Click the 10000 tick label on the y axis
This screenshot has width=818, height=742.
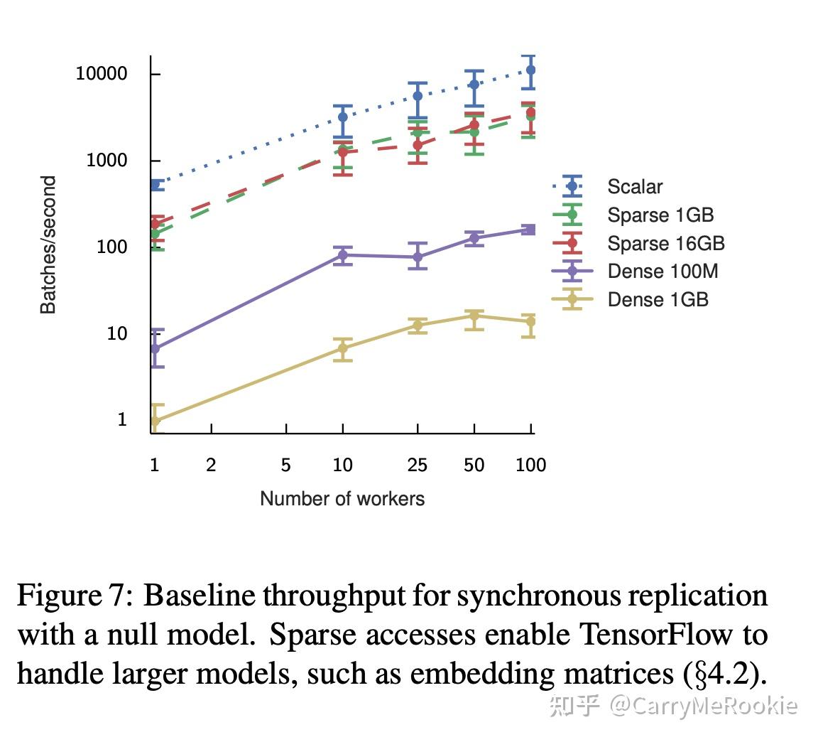click(102, 74)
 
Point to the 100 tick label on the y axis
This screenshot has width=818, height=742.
click(111, 247)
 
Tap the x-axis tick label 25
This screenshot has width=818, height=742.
click(417, 466)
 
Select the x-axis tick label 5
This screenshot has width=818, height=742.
click(285, 466)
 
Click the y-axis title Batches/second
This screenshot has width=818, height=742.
click(48, 245)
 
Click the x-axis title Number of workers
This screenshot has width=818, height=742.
click(342, 499)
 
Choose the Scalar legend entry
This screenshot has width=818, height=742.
click(634, 187)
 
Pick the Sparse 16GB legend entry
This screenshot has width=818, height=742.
click(665, 244)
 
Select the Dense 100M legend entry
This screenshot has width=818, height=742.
click(662, 271)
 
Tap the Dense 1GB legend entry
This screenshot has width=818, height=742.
click(658, 300)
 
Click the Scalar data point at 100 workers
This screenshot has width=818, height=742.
click(530, 70)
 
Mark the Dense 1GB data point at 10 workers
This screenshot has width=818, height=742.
click(343, 348)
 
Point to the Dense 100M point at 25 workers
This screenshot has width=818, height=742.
click(418, 257)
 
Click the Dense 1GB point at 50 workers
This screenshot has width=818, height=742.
click(474, 316)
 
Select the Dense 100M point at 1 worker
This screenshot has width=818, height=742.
click(155, 349)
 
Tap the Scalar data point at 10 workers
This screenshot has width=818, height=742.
click(343, 117)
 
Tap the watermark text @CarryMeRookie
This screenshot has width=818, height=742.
click(703, 706)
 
